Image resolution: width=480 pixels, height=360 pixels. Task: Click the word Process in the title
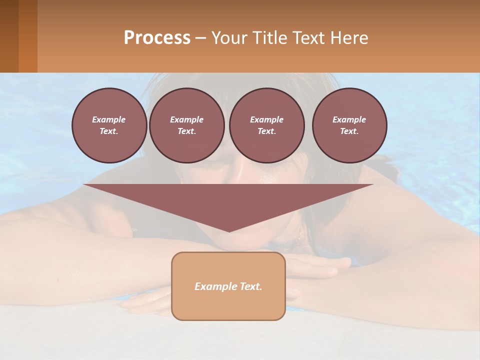157,38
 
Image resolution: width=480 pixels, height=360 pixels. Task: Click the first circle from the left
109,125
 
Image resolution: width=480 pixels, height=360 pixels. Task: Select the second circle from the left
186,125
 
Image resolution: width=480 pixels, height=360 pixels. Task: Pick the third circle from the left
266,125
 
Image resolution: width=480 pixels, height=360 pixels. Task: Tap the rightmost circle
349,125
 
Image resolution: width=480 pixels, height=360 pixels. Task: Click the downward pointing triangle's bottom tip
229,230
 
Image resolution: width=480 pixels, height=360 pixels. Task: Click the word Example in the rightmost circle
349,119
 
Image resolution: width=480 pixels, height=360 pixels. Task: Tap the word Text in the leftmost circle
109,131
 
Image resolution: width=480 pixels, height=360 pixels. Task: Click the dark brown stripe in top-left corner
9,36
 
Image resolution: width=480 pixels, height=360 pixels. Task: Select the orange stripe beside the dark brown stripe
28,36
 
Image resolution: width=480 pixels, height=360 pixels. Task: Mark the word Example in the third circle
266,119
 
